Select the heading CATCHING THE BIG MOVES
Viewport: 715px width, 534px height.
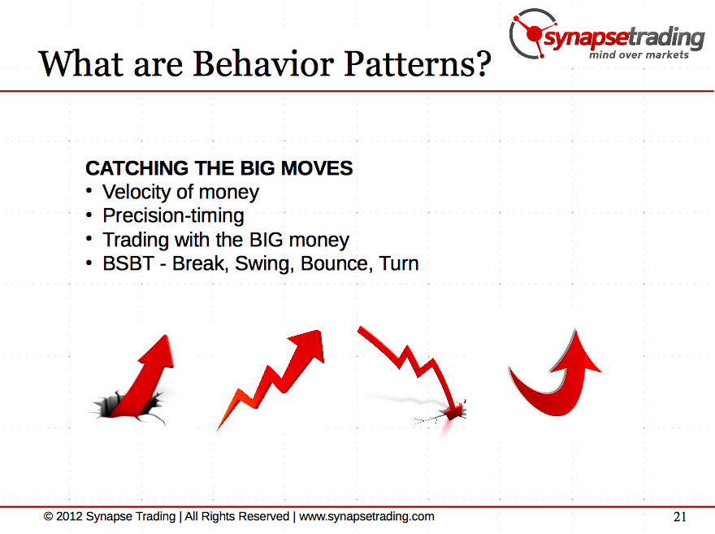coord(219,168)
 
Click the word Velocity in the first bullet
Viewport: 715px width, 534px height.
coord(136,193)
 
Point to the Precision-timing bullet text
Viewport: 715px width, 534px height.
coord(173,215)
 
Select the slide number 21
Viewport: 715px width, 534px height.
coord(679,517)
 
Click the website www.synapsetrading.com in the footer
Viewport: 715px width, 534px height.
coord(366,517)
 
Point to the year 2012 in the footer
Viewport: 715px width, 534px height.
coord(69,516)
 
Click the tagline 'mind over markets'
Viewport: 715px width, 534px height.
coord(639,54)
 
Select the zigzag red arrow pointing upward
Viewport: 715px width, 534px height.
coord(271,379)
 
